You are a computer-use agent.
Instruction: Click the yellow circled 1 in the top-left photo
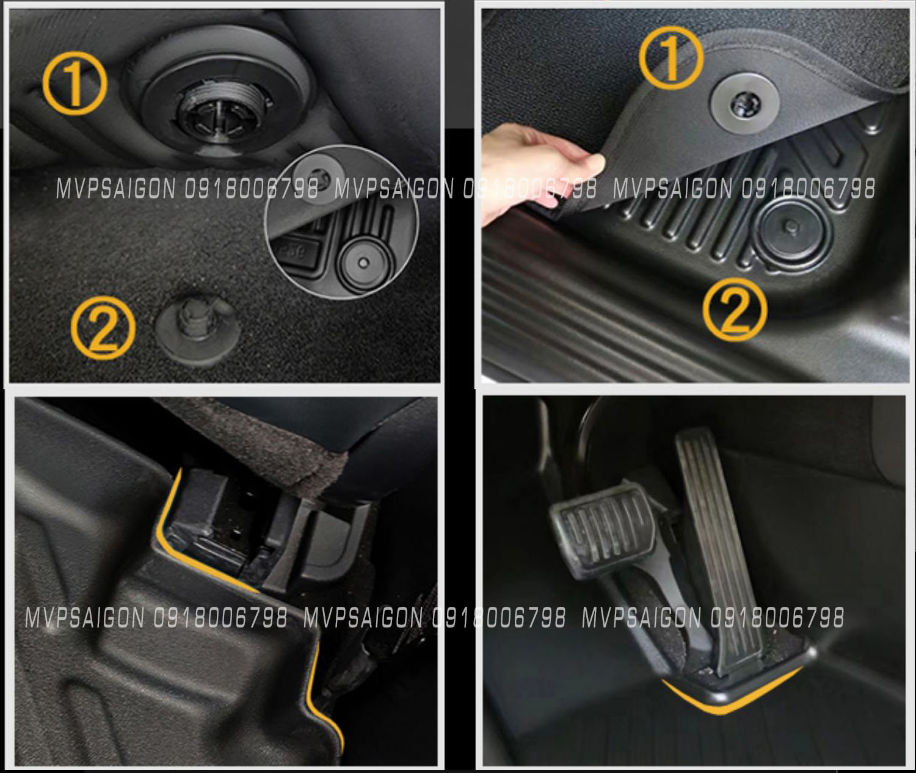[75, 84]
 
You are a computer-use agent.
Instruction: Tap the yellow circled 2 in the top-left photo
[104, 328]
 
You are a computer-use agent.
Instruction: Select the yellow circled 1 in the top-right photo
[671, 57]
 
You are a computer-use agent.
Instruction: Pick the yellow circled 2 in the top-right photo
[735, 310]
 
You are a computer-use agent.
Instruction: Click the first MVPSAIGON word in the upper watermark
[116, 189]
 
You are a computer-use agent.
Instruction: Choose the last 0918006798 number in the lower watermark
[777, 617]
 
